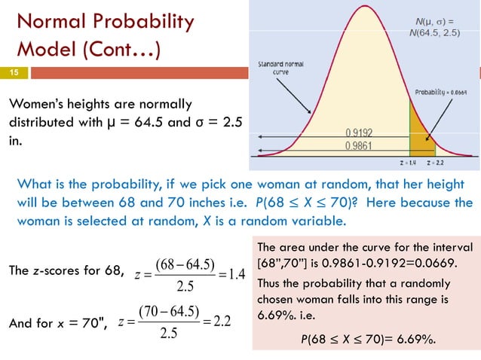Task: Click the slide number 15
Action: pos(13,73)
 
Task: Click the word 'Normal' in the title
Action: pos(52,23)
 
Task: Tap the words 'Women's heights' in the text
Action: pos(63,103)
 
